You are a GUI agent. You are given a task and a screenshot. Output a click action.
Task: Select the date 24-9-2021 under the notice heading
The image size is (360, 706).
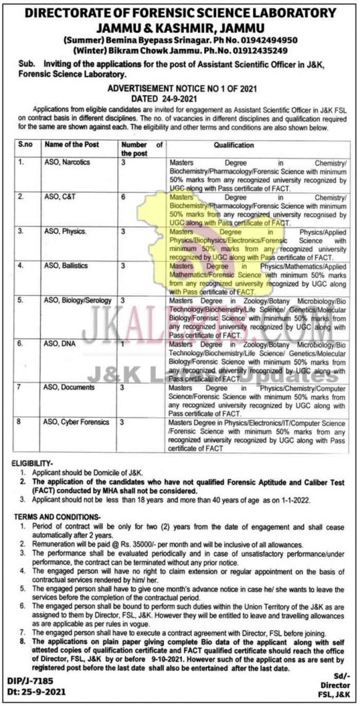tap(193, 99)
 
